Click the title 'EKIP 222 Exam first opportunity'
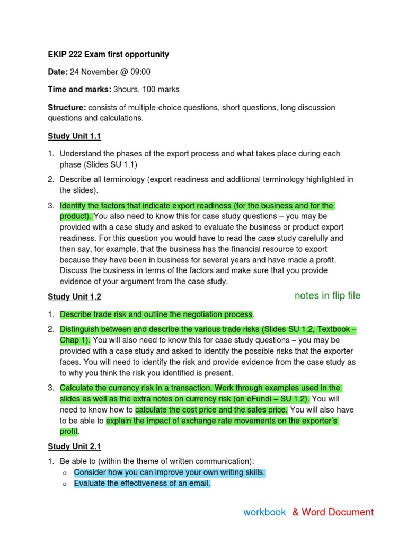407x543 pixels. pos(108,54)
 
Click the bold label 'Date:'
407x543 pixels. pos(58,72)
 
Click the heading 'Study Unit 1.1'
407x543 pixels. pos(74,136)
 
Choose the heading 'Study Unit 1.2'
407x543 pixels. pos(74,297)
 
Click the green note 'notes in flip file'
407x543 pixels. pos(327,296)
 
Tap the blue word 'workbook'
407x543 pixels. pos(264,512)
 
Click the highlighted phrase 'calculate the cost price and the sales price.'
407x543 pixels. pos(211,410)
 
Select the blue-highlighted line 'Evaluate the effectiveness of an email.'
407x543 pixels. pos(142,483)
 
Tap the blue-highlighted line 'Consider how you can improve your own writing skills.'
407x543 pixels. pos(170,472)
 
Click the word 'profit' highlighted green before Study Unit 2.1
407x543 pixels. pos(68,431)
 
